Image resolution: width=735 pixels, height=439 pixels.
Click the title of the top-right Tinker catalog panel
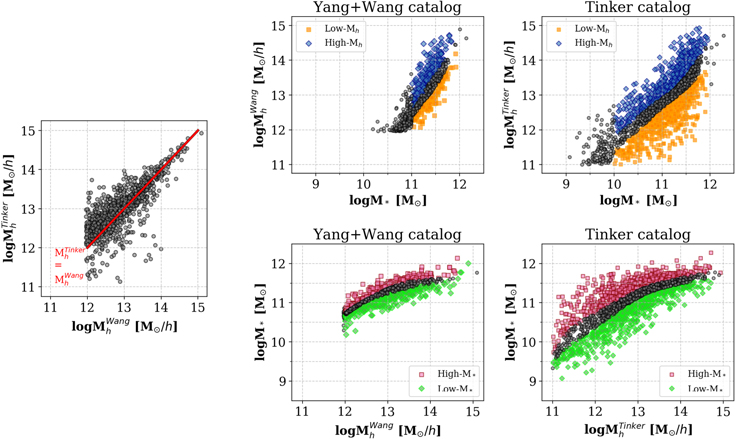638,9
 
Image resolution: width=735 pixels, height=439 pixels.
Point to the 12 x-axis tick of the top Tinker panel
709,182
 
